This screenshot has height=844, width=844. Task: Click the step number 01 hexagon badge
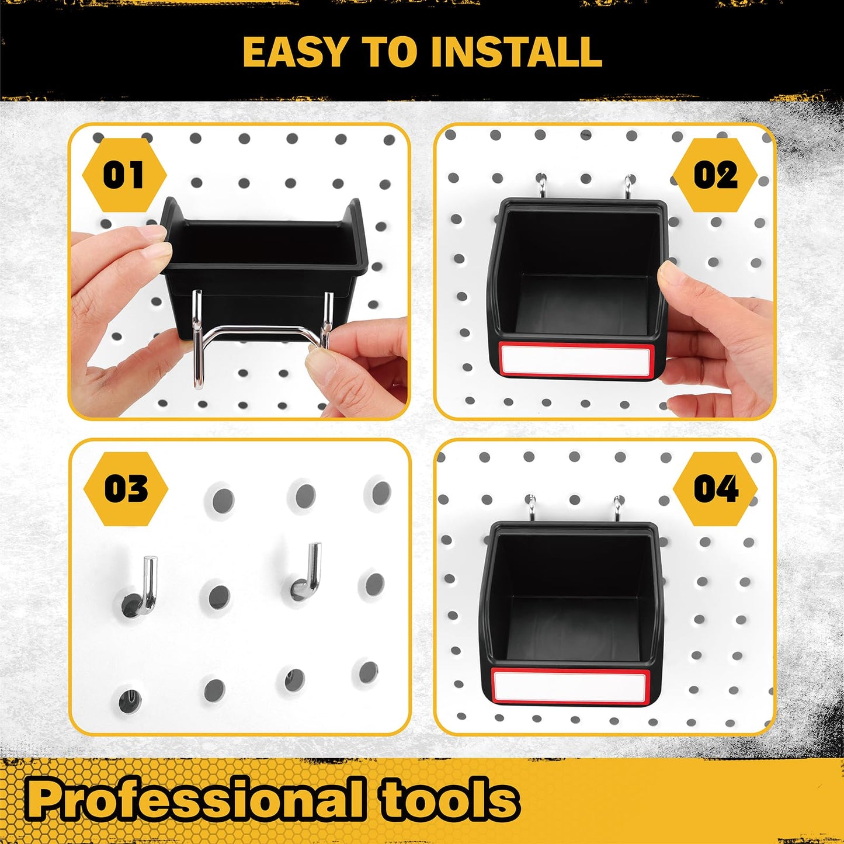click(x=124, y=175)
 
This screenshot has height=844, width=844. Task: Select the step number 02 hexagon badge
click(x=716, y=175)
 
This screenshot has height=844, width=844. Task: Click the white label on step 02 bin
click(x=575, y=359)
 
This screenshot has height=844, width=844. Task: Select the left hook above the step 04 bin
click(x=531, y=506)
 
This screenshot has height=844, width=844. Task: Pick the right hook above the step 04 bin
click(x=617, y=506)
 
